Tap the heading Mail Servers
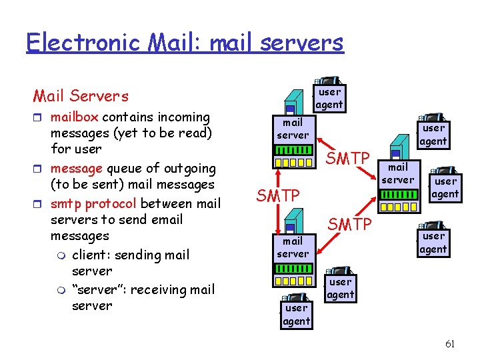(81, 96)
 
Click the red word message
(77, 169)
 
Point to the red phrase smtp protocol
(93, 203)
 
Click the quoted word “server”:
(101, 289)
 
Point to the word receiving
(160, 289)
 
